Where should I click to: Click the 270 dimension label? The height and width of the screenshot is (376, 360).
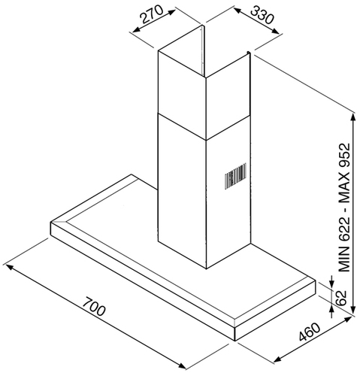pos(151,14)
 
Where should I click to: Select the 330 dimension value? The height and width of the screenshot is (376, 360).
pos(262,15)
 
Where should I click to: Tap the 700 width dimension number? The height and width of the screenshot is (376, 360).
pos(94,306)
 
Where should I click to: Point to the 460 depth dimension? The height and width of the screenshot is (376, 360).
pos(310,332)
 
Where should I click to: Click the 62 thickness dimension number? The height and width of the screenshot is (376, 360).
pos(340,298)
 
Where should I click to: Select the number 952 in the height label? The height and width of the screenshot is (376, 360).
pos(343,156)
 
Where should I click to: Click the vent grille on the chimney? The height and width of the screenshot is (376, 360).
pos(235,176)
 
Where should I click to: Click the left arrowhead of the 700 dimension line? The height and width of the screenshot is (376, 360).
pos(9,267)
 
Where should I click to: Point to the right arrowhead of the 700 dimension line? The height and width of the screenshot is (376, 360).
pos(182,365)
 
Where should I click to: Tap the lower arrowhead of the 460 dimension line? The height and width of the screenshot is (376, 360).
pos(278,359)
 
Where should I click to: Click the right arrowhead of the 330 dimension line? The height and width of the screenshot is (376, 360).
pos(275,31)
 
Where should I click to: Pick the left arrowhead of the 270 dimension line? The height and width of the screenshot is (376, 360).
pos(137,30)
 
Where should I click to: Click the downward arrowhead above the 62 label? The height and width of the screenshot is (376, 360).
pos(332,283)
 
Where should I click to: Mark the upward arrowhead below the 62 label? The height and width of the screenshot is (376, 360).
pos(332,311)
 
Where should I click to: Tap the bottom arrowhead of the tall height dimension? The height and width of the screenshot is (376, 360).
pos(353,308)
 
